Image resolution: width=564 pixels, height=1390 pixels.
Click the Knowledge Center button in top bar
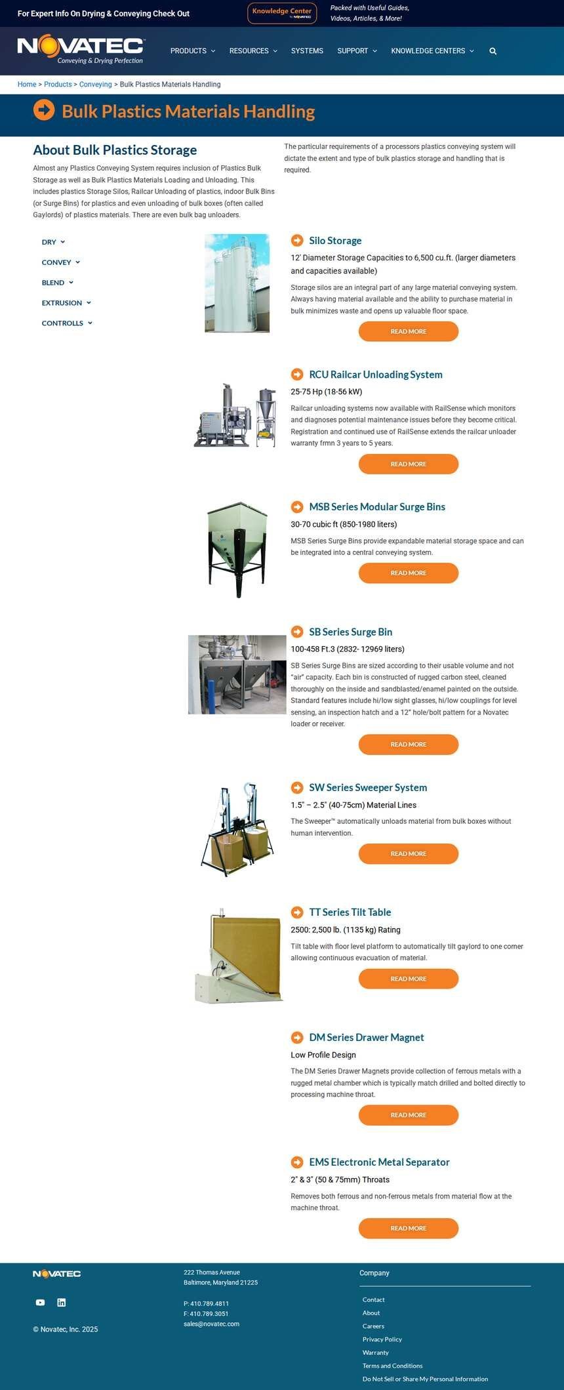pos(282,13)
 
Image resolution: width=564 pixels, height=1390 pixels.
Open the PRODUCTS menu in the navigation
pos(193,51)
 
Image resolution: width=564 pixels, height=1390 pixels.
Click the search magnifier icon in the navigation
pos(493,51)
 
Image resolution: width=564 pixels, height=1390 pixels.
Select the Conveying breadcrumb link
pos(96,85)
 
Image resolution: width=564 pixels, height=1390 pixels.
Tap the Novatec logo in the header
pos(81,49)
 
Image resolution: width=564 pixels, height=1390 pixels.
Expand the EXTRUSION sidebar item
pos(66,303)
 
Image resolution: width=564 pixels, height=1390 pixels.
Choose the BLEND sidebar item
pos(58,283)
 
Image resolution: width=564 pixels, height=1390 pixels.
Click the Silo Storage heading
pos(335,241)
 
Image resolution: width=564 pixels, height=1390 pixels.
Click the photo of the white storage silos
pos(237,283)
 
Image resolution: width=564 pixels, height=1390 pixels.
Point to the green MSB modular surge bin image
pos(237,550)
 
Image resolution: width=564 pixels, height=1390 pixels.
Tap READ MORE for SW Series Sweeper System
pos(409,854)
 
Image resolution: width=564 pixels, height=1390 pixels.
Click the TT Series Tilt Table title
pos(350,912)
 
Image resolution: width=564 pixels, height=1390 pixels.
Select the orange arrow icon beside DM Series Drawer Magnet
pos(297,1038)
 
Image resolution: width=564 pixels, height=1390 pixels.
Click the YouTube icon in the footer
pos(40,1303)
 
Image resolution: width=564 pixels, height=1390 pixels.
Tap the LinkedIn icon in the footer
pos(62,1303)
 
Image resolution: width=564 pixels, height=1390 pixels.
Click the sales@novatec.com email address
pos(211,1324)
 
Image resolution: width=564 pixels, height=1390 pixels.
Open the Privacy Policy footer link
pos(382,1339)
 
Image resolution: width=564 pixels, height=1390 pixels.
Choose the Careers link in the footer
pos(373,1326)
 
